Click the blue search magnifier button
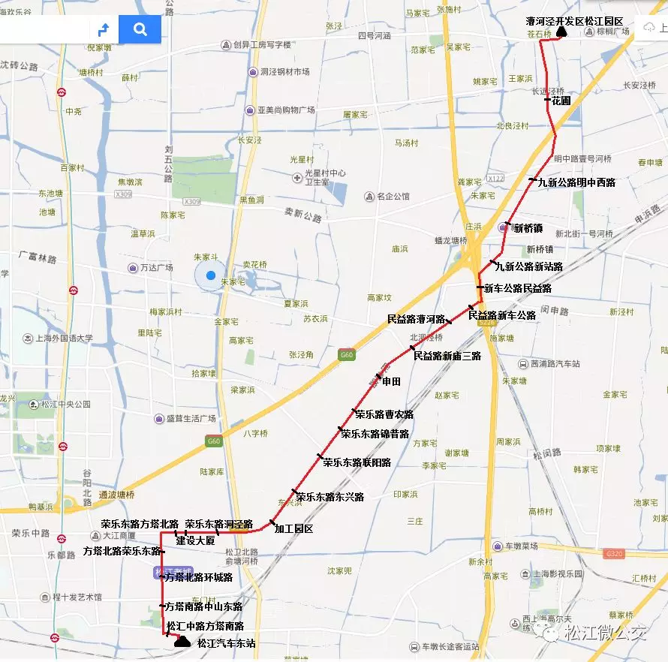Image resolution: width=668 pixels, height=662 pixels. coord(140,29)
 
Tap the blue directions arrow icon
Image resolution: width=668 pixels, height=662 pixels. coord(104,29)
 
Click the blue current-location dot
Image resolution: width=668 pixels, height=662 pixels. coord(211,275)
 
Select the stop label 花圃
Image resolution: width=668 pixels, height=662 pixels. coord(561,100)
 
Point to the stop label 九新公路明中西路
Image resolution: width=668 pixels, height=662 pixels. coord(576,182)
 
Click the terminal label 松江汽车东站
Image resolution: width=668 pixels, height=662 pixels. coord(226,643)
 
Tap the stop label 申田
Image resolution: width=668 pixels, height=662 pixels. coord(391,381)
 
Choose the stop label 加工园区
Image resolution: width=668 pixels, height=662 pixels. coord(293,529)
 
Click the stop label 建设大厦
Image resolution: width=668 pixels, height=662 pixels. coord(195,540)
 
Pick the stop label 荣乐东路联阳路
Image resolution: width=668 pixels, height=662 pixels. coord(357,462)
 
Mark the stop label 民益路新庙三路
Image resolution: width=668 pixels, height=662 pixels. coord(447,356)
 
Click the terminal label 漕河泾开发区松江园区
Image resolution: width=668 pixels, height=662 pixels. coord(575,22)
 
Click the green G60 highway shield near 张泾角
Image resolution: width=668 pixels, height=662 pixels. coord(346,354)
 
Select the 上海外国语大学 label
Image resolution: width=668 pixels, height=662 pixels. coord(64,339)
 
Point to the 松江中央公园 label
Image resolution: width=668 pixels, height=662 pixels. coord(65,405)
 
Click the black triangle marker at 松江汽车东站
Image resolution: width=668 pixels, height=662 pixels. coord(182,642)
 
